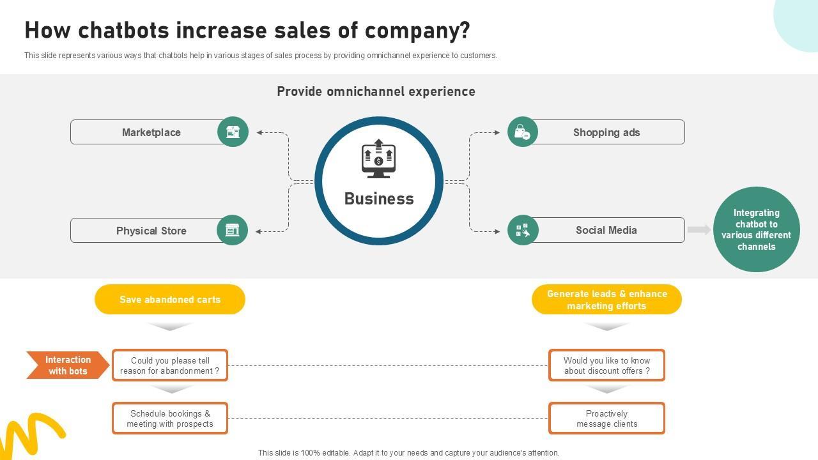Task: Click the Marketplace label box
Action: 151,132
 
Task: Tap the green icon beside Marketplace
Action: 233,132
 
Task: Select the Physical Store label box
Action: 151,231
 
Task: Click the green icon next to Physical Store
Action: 233,230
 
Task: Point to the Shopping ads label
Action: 606,132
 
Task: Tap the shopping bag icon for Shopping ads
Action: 523,132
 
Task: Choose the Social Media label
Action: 606,230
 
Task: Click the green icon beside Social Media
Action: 523,230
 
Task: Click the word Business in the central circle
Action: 379,199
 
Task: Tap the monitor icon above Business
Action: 379,158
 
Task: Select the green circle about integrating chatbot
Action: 756,229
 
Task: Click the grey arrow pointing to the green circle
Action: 699,229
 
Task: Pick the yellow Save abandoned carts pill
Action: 170,300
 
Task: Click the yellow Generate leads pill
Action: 606,300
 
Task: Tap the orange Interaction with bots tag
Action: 67,365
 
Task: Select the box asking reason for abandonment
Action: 170,365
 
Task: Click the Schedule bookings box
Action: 170,418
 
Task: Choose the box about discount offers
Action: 606,365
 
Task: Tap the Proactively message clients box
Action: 606,418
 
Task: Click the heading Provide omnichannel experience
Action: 376,91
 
